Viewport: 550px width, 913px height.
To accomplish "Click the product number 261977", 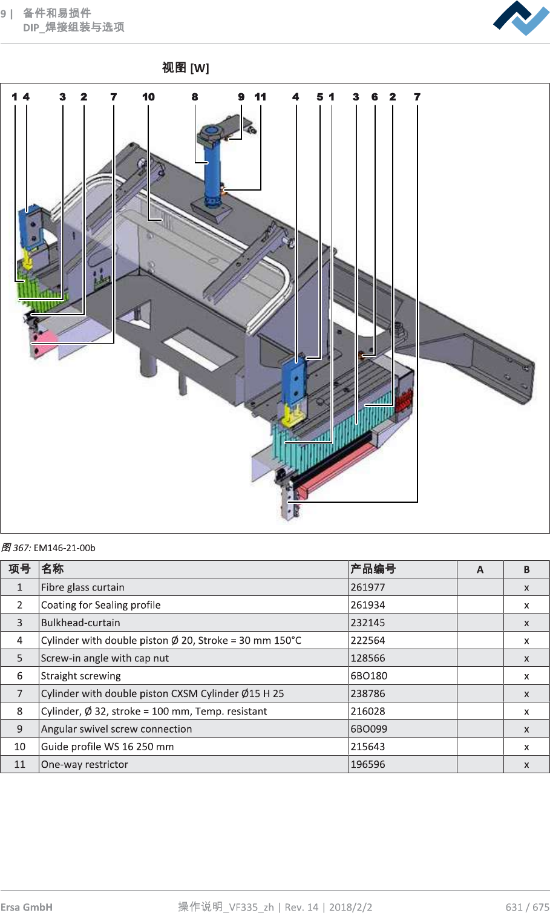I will coord(368,587).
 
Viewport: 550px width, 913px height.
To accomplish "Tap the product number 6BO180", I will coord(369,676).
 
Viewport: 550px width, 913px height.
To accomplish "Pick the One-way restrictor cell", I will coord(85,764).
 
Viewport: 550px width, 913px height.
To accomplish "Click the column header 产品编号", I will coord(373,569).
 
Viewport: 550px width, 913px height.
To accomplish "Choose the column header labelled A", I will coord(480,569).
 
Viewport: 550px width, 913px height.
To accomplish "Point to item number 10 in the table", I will coord(19,747).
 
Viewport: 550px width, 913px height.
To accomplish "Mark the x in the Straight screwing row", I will coord(526,676).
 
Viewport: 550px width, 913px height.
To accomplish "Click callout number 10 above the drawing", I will coord(148,97).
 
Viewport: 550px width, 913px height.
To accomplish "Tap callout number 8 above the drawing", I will coord(195,97).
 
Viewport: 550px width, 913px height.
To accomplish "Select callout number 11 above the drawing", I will coord(260,97).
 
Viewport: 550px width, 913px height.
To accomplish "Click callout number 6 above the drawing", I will coord(375,97).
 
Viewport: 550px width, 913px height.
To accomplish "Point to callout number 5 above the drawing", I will coord(320,97).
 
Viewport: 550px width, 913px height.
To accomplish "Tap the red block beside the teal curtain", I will coord(404,401).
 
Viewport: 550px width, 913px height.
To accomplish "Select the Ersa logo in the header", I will coord(521,19).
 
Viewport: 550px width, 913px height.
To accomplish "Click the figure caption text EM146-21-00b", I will coord(64,548).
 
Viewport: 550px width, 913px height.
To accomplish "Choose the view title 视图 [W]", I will coord(185,68).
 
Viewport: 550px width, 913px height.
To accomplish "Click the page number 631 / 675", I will coord(527,907).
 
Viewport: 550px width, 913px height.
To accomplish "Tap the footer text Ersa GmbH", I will coord(27,907).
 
